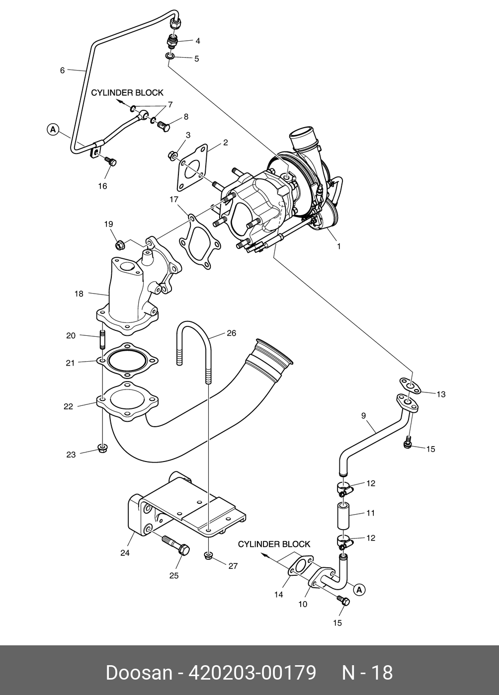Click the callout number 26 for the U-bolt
click(231, 333)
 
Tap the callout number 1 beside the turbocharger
click(338, 245)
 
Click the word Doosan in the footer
click(139, 673)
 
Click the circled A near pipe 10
click(359, 590)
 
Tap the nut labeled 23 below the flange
click(102, 449)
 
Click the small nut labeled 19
click(119, 244)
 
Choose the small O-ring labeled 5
click(170, 58)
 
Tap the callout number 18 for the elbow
click(79, 294)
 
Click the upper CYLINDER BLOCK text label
click(127, 93)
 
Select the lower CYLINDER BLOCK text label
click(274, 544)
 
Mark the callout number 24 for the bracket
click(125, 552)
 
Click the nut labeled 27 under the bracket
click(208, 555)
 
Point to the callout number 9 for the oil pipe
click(363, 415)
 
